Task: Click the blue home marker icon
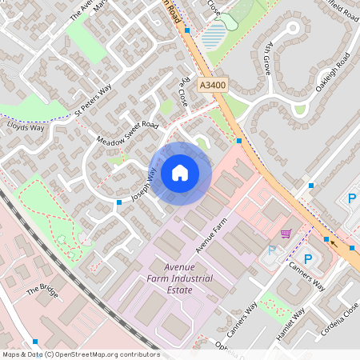coord(180,172)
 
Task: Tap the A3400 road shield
coord(213,84)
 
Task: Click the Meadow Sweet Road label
coord(128,133)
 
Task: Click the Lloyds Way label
coord(26,126)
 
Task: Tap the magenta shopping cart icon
coord(286,234)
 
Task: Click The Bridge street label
coord(43,290)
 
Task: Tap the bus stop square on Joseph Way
coord(119,202)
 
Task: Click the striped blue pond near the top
coord(214,35)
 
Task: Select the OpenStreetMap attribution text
coord(81,354)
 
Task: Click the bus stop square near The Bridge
coord(34,342)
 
